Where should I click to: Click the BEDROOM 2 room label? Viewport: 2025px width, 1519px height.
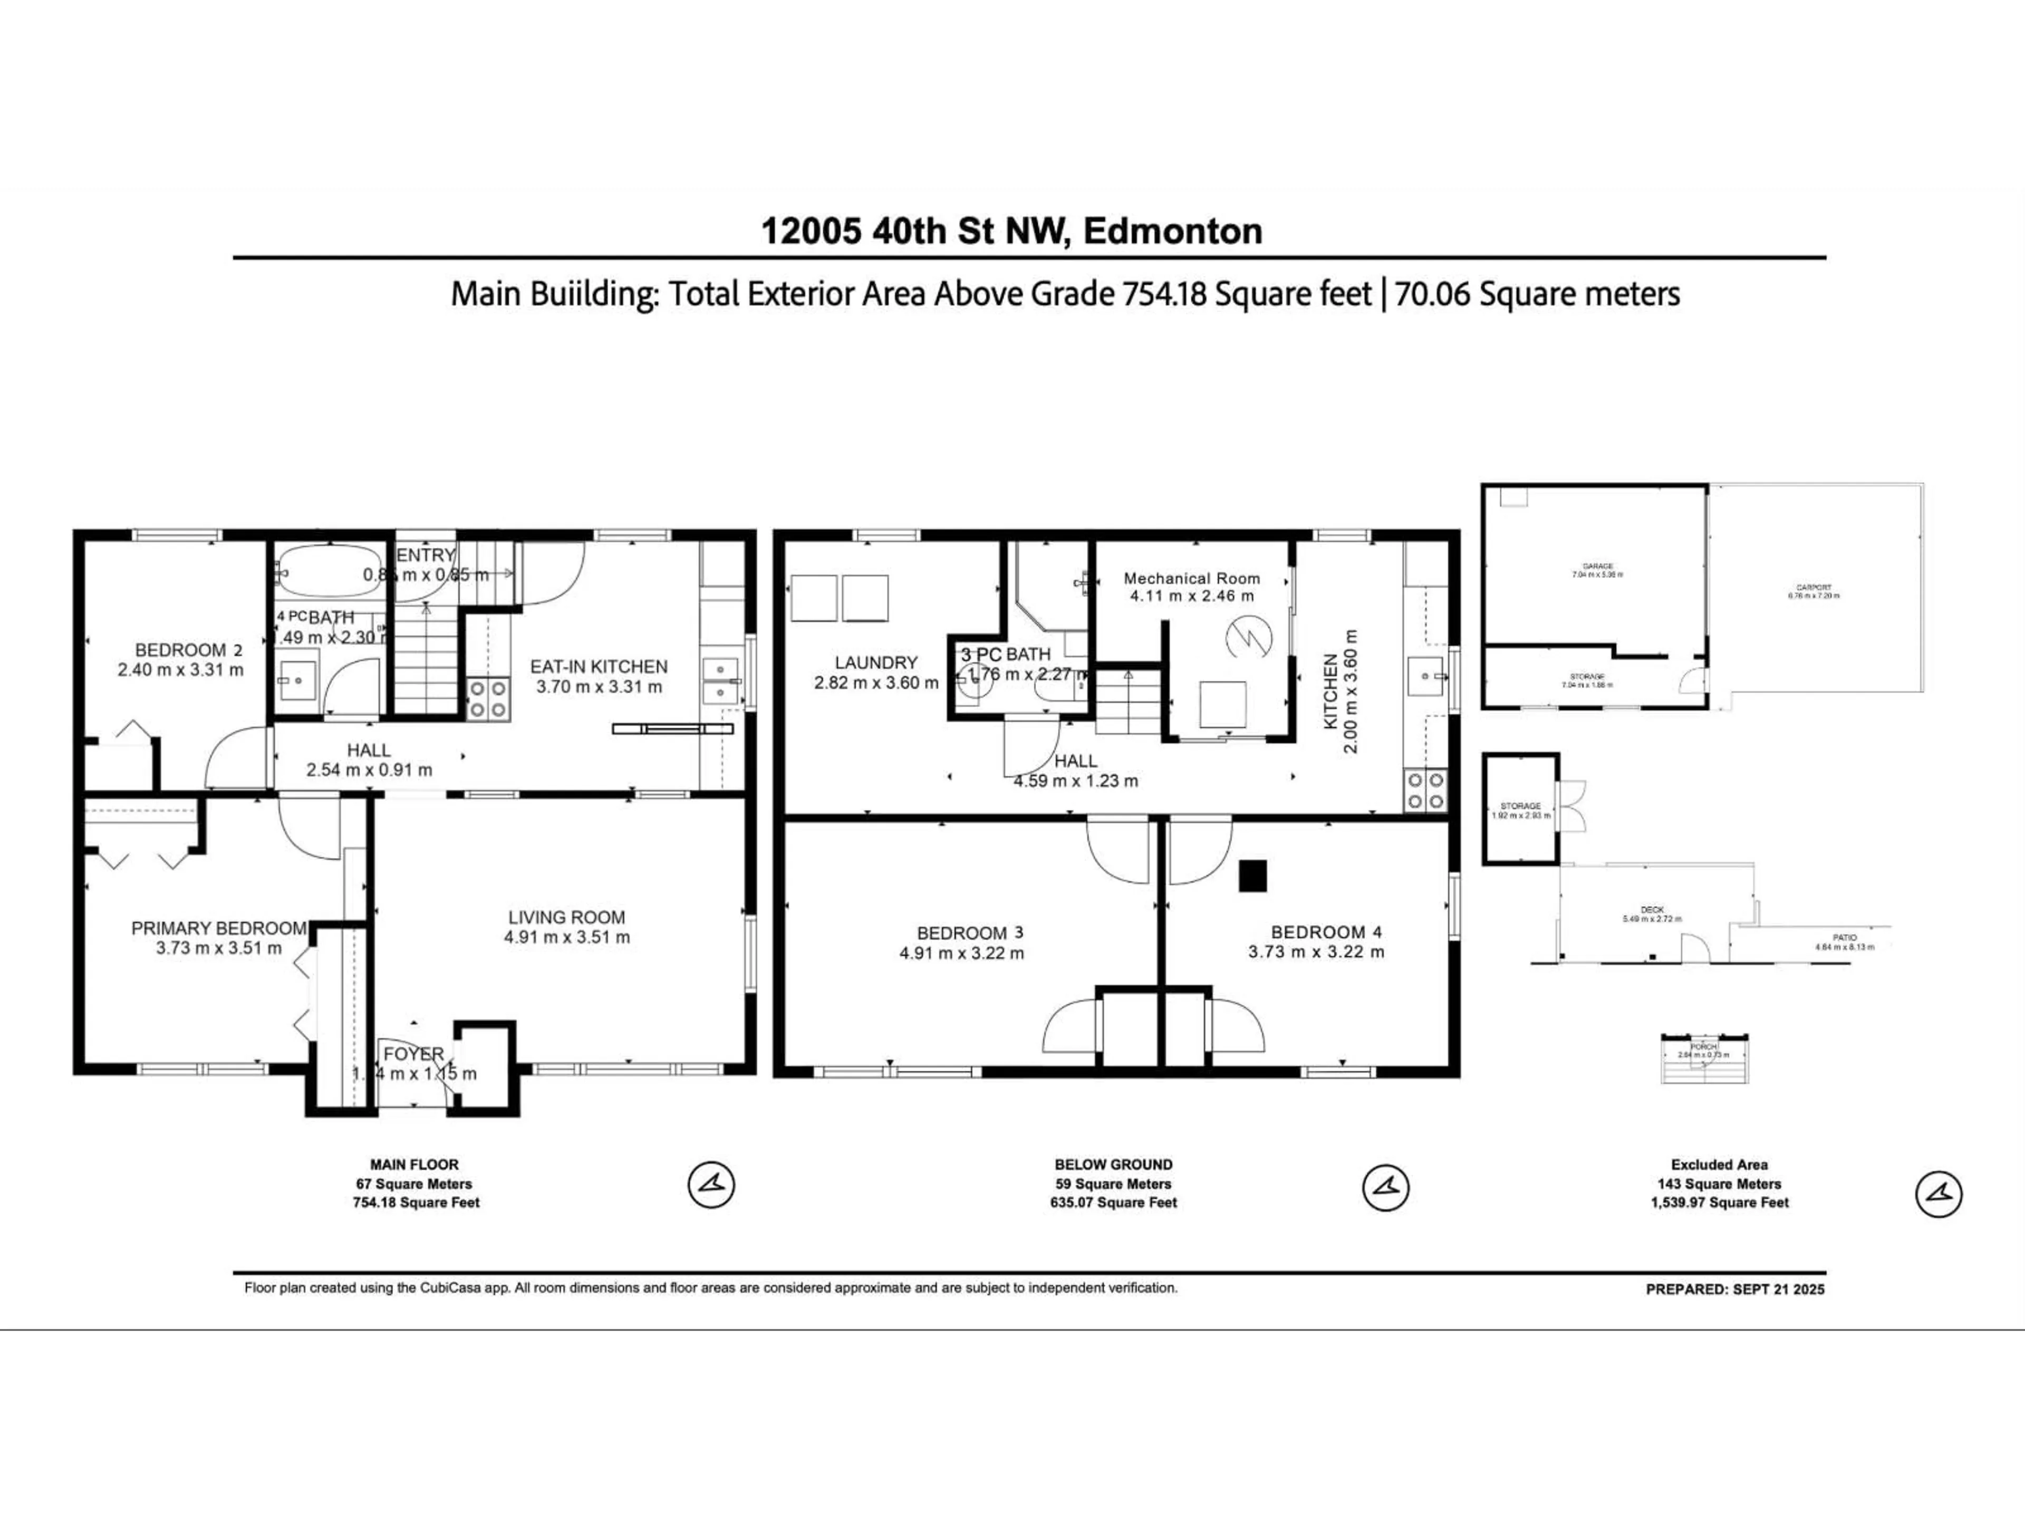pos(189,650)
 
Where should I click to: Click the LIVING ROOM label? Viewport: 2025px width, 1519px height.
pos(567,917)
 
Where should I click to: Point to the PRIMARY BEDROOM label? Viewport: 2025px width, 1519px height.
pos(219,928)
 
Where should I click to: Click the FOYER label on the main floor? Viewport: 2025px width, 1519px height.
pos(414,1054)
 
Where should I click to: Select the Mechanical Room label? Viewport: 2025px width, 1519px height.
pos(1191,579)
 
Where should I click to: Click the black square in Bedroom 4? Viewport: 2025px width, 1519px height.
pos(1252,876)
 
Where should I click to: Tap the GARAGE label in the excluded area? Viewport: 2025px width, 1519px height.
pos(1597,567)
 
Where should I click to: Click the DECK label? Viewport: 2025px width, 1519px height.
pos(1652,909)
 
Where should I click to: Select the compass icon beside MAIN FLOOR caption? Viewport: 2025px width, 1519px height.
pos(711,1185)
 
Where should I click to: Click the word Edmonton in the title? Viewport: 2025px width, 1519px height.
pos(1173,230)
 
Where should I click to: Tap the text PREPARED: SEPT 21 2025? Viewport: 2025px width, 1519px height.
pos(1735,1289)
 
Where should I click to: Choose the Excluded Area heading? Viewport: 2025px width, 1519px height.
pos(1718,1165)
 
